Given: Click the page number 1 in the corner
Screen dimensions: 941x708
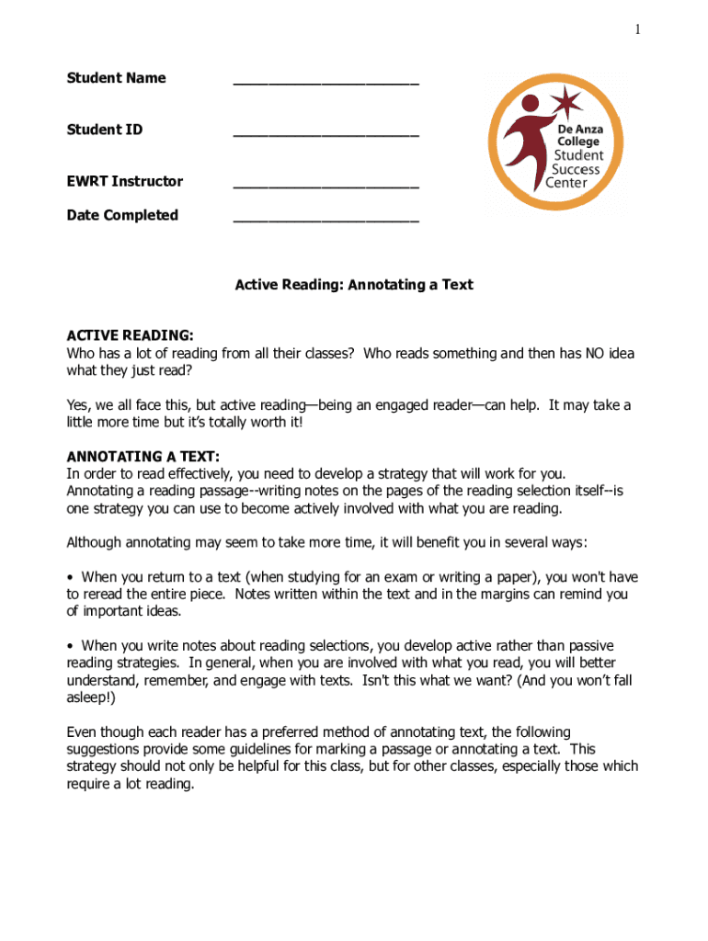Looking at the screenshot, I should (x=636, y=30).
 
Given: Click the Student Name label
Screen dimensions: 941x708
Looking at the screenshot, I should (x=116, y=78).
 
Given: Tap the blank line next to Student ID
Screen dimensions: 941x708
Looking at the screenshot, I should (x=325, y=135).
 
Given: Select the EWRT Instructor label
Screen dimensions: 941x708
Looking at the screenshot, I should (x=124, y=181).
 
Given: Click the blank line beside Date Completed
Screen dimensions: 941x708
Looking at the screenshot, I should (x=325, y=221).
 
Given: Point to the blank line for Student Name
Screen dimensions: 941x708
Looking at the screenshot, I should (x=325, y=84).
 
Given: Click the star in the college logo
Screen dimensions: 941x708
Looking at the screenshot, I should (x=568, y=101).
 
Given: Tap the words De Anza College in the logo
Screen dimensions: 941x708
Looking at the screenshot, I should (x=578, y=136).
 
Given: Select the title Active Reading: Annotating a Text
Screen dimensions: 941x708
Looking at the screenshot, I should (x=354, y=285).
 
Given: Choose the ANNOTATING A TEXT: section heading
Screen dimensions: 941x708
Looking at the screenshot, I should (x=143, y=457).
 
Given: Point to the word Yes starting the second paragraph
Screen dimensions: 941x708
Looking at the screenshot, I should (x=78, y=405).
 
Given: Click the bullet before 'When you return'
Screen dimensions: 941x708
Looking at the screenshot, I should (x=71, y=577).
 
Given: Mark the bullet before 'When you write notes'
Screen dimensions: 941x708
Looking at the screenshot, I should (x=71, y=646).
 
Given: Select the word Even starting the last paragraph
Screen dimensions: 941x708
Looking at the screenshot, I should (x=82, y=732).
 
